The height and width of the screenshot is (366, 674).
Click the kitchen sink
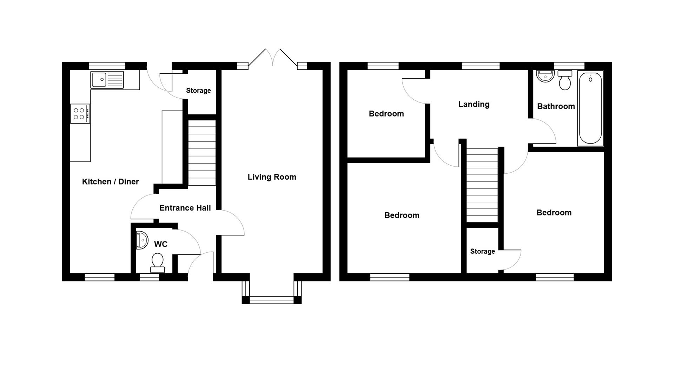click(107, 80)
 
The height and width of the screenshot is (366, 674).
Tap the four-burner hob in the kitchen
click(80, 114)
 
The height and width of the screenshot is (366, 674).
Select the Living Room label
click(272, 177)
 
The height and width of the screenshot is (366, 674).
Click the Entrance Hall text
click(185, 208)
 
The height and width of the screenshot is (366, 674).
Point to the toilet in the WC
click(158, 262)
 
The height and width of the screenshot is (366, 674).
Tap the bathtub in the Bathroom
click(590, 108)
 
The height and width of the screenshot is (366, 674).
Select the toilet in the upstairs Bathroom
click(564, 80)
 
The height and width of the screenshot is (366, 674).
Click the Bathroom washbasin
click(545, 76)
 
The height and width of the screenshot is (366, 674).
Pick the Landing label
click(474, 104)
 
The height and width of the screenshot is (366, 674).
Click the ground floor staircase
click(202, 153)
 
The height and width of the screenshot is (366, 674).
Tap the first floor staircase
click(482, 185)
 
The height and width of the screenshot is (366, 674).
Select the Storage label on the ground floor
click(198, 91)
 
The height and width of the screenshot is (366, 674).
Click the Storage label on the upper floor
click(482, 251)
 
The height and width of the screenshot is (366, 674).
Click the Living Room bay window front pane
click(271, 300)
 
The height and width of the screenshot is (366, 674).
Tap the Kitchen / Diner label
click(110, 181)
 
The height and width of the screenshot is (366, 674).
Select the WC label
click(160, 244)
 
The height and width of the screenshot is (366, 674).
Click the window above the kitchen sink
click(107, 66)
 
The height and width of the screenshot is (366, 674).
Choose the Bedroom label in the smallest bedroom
click(386, 114)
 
